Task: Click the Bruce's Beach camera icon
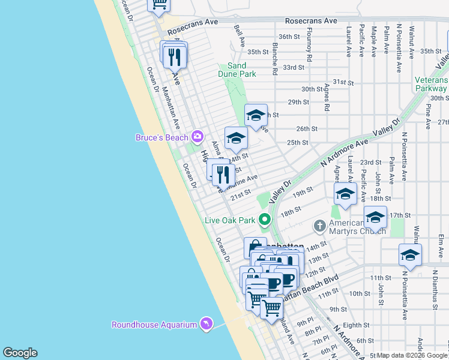point(196,137)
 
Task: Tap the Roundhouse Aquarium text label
point(154,325)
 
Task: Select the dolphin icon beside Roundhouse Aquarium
point(206,324)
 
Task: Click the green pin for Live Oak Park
point(265,220)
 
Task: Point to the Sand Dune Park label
point(237,70)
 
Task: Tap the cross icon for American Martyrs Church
point(319,226)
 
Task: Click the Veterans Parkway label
point(431,84)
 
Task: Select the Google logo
point(20,352)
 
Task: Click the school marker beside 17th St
point(375,217)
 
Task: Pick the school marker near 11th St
point(410,255)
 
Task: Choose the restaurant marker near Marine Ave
point(223,175)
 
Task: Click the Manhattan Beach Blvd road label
point(310,287)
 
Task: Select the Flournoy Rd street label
point(310,47)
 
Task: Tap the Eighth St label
point(356,325)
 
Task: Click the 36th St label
point(289,37)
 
